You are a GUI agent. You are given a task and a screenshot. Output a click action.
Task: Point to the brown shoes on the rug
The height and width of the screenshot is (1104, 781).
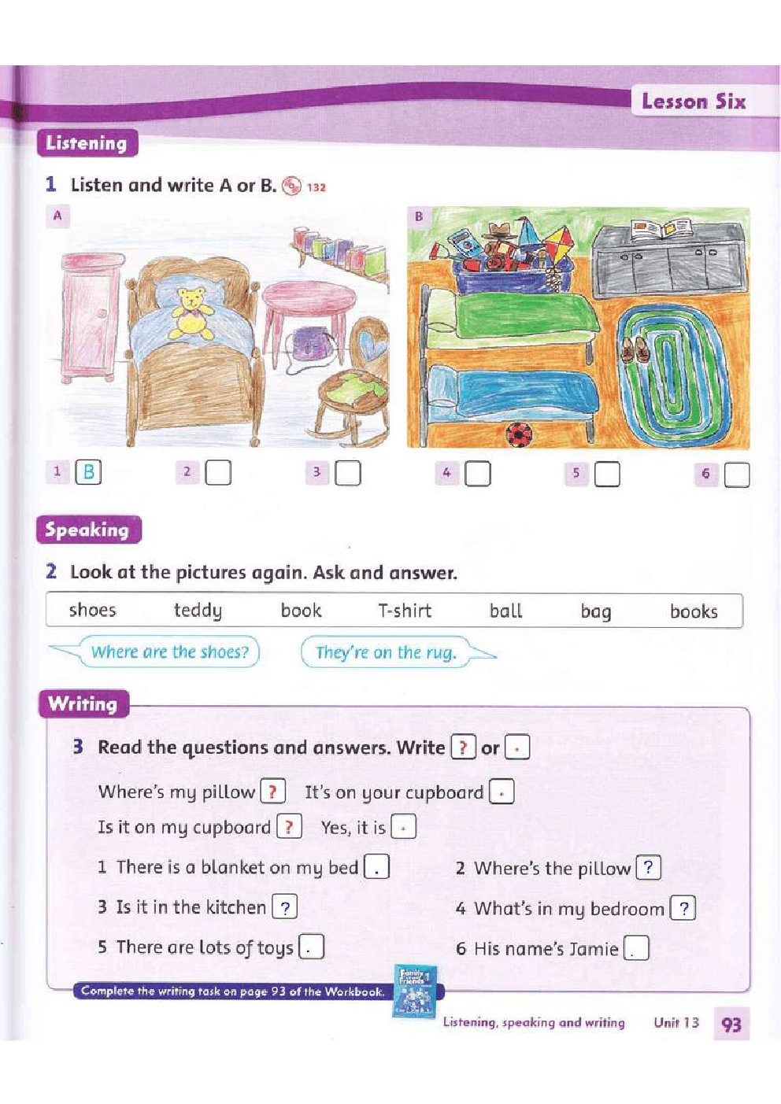click(635, 349)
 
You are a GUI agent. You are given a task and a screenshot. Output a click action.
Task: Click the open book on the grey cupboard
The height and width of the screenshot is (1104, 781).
click(661, 229)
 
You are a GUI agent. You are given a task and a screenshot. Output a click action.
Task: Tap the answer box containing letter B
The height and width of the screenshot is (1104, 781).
click(88, 471)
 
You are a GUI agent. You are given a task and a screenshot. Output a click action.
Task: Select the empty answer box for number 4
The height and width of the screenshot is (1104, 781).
click(478, 474)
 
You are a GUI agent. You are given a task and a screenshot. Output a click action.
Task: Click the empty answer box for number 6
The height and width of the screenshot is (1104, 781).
click(737, 474)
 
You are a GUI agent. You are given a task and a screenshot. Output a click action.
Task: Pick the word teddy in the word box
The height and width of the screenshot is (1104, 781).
click(198, 611)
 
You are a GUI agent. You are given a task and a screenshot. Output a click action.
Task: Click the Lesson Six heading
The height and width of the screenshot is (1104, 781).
click(694, 102)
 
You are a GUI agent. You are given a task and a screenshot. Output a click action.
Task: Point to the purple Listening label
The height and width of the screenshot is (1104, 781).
click(87, 143)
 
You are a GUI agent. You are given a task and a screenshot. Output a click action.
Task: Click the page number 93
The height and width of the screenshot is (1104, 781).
click(731, 1025)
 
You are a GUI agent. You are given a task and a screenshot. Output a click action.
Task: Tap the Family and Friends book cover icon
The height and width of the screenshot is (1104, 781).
click(415, 991)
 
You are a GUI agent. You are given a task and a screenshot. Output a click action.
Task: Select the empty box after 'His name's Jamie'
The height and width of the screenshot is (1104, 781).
click(636, 947)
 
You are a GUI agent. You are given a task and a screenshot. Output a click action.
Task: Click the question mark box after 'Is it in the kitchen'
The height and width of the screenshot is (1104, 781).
click(284, 907)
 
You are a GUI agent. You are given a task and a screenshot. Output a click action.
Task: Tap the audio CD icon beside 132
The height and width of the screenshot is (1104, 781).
click(291, 186)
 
